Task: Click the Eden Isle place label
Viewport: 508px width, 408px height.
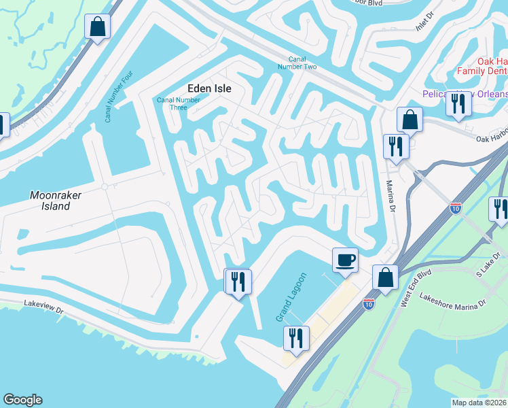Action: click(x=209, y=88)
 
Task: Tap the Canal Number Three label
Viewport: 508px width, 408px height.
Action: click(x=178, y=103)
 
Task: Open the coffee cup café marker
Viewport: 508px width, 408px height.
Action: click(x=345, y=260)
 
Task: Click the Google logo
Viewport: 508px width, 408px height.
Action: click(x=22, y=400)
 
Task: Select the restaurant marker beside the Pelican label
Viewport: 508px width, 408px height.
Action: click(x=457, y=103)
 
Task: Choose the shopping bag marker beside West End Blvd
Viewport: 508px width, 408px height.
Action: click(x=385, y=277)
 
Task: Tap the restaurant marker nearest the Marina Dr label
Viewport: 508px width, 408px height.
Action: click(x=395, y=146)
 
